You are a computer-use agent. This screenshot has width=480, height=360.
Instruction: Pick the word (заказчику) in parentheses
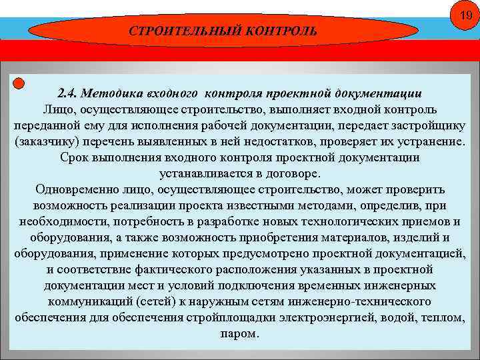click(x=44, y=142)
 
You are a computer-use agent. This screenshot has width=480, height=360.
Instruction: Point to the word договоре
click(x=294, y=173)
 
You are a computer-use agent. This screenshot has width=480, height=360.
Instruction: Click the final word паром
click(x=239, y=333)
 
